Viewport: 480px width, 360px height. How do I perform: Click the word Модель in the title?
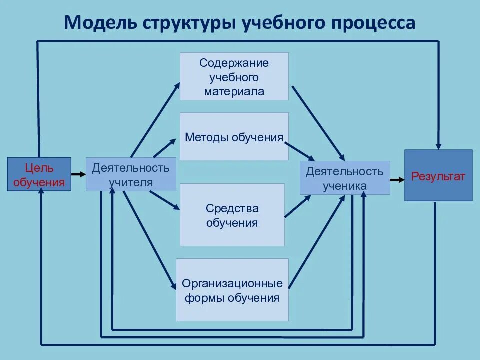coord(100,23)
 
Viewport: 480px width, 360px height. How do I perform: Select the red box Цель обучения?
coord(39,175)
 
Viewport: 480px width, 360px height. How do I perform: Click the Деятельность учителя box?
coord(131,174)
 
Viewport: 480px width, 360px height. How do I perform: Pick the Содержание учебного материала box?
coord(234,76)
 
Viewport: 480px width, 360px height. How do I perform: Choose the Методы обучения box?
coord(234,136)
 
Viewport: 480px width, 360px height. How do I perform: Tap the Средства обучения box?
coord(232,215)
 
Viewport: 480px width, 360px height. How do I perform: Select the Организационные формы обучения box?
coord(232,290)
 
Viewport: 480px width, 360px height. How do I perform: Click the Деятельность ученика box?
coord(345,178)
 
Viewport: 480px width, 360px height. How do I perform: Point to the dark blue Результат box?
coord(438,175)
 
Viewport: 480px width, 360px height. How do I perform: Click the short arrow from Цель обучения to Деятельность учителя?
coord(78,174)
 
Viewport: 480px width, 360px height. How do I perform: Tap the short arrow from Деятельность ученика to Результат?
coord(397,179)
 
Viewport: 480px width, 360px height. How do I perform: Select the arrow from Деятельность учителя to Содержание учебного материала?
coord(155,120)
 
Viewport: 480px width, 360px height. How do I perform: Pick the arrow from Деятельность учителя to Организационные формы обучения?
coord(150,240)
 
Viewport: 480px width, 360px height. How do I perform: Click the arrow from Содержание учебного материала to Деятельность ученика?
coord(318,122)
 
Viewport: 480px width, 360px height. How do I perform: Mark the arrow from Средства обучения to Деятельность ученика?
coord(298,206)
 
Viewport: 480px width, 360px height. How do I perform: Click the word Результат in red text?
coord(438,176)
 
